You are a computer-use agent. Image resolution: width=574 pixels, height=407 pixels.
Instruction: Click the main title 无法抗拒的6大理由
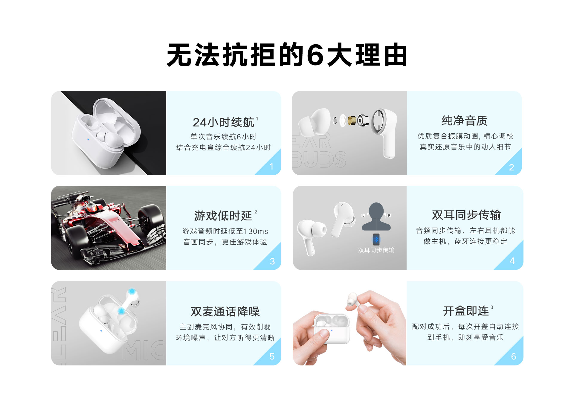[287, 55]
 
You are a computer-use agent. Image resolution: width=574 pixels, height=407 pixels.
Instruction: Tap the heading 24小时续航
[223, 122]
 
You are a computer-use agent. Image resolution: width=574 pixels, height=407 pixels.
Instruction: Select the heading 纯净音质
[464, 121]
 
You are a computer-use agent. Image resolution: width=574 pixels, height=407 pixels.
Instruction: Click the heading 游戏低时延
[223, 216]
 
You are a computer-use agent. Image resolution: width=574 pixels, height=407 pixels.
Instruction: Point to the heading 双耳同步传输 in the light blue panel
[466, 215]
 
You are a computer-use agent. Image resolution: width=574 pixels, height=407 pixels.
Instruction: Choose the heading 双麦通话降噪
[225, 311]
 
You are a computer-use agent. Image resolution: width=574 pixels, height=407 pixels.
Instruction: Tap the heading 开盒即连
[466, 311]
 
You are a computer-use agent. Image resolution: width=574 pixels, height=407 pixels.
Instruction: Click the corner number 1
[271, 167]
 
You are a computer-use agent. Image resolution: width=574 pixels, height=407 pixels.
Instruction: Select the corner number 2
[512, 167]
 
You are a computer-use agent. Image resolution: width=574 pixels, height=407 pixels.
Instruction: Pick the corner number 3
[272, 261]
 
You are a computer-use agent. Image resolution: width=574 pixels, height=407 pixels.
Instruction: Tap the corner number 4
[512, 261]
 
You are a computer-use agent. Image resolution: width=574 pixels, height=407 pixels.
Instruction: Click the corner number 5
[272, 356]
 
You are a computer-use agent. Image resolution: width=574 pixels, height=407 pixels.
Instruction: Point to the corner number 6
[513, 356]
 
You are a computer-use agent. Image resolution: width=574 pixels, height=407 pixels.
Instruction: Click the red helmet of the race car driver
[91, 207]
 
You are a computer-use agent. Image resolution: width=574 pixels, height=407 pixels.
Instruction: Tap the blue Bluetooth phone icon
[376, 240]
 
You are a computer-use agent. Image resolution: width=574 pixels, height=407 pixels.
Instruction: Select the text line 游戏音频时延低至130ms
[225, 231]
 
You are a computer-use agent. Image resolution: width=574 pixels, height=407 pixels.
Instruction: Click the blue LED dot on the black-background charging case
[88, 139]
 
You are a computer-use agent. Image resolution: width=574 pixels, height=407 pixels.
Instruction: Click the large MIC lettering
[143, 350]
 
